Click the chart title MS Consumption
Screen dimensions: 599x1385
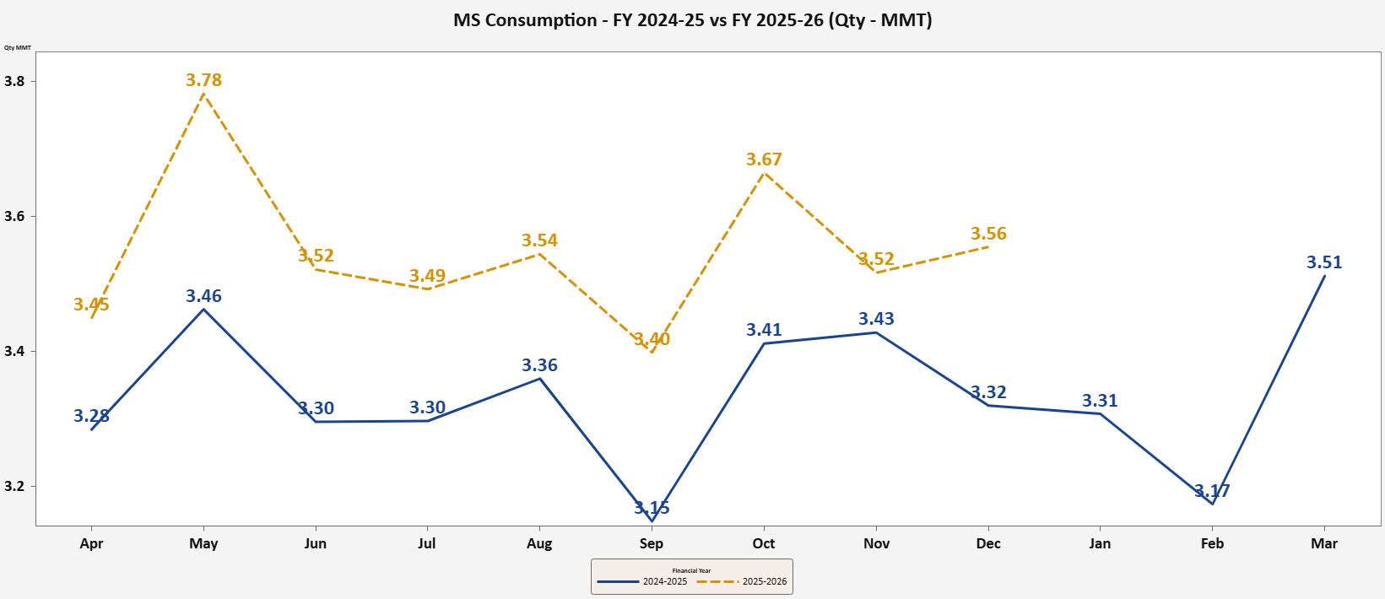(692, 20)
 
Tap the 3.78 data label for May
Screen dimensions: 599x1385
(204, 80)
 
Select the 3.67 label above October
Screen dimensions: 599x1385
(764, 159)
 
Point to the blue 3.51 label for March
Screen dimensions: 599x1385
(1324, 262)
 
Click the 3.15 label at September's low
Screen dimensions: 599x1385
(652, 508)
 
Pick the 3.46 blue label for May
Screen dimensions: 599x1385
(204, 296)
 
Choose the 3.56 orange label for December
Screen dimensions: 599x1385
(988, 234)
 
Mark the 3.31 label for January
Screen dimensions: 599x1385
(1100, 401)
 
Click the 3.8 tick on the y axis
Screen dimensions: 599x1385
(14, 82)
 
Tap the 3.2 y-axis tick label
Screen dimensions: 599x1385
(14, 487)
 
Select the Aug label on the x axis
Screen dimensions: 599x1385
(539, 543)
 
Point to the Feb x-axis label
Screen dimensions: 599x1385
(1212, 543)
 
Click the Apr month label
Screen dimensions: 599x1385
(91, 543)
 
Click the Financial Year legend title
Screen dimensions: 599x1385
(691, 570)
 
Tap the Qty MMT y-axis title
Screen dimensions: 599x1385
(17, 48)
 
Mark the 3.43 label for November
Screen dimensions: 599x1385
(876, 319)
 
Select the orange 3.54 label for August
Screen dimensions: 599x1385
(539, 240)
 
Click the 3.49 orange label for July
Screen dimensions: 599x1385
(427, 276)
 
